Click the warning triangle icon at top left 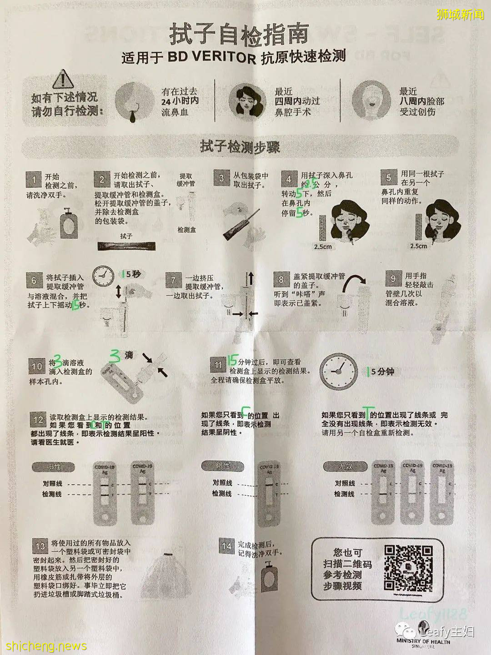tap(63, 80)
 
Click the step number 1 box tap(34, 179)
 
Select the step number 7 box tap(173, 280)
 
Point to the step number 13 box tap(40, 545)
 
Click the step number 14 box tap(226, 545)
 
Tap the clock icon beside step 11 tap(339, 372)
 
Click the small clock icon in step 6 tap(104, 276)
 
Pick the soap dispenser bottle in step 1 tap(69, 223)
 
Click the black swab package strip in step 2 tap(126, 246)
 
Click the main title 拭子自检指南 tap(239, 34)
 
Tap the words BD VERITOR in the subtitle tap(212, 57)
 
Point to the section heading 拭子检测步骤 tap(240, 147)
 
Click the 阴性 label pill tap(222, 466)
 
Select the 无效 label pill tap(345, 466)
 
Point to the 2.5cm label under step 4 tap(323, 247)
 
